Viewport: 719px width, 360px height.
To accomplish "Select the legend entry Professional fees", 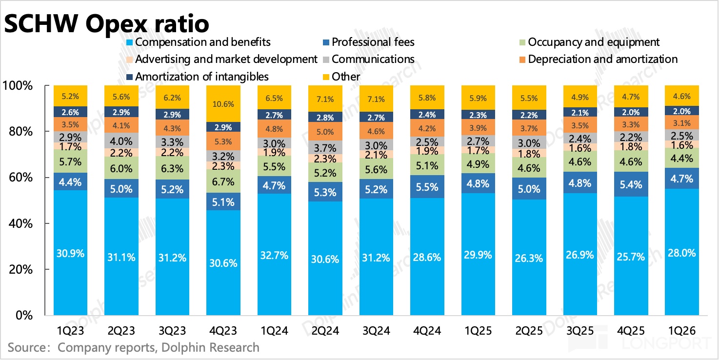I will click(x=373, y=42).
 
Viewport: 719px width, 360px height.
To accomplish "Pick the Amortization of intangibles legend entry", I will click(x=201, y=77).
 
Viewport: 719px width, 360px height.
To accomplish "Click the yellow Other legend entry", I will click(x=346, y=77).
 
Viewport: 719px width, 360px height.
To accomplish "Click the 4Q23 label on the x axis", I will click(x=223, y=331).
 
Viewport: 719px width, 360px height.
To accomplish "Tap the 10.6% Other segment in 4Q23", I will click(x=223, y=104).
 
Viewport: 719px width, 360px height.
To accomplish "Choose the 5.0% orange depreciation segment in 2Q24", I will click(x=325, y=132).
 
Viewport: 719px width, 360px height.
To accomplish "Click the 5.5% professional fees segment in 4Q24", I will click(x=427, y=185).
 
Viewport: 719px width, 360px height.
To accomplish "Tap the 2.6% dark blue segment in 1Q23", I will click(x=70, y=112).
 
